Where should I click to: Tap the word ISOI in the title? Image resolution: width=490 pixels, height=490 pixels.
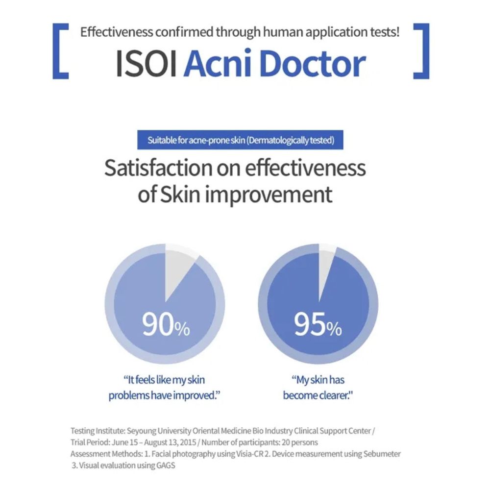click(146, 64)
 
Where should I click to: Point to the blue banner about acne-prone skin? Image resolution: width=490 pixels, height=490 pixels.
click(241, 141)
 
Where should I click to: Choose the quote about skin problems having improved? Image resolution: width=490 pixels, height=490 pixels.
click(164, 387)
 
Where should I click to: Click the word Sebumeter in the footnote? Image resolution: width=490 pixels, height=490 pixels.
click(382, 454)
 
